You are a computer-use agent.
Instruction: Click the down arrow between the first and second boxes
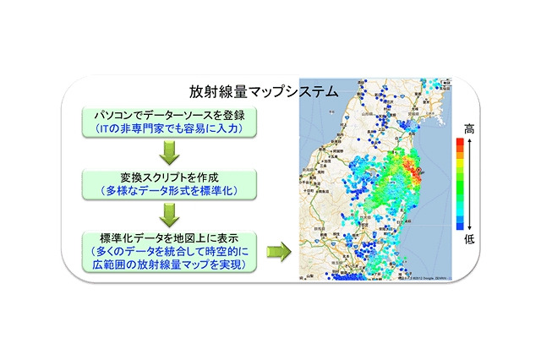[169, 151]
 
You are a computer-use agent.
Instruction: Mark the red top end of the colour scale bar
[460, 143]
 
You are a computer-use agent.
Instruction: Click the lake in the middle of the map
[372, 179]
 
